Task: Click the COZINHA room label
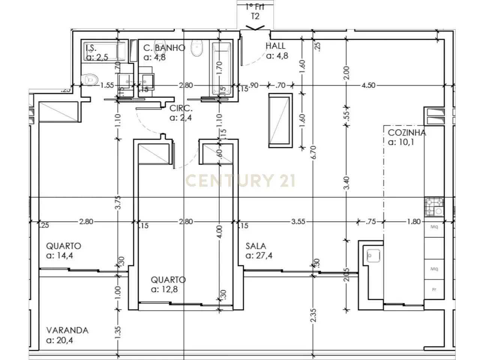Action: [x=406, y=132]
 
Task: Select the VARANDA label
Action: [x=67, y=330]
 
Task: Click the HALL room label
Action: [x=276, y=46]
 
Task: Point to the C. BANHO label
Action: [x=164, y=48]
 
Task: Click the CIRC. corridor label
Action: [x=181, y=109]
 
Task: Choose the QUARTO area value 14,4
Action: [x=63, y=256]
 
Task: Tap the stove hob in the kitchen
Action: [x=434, y=207]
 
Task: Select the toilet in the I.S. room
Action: [x=90, y=79]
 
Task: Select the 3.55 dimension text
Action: [x=298, y=222]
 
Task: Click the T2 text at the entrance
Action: [x=255, y=16]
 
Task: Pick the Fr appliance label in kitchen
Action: [x=434, y=289]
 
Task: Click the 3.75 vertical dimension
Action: [x=118, y=205]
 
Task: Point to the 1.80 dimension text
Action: [x=414, y=222]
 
